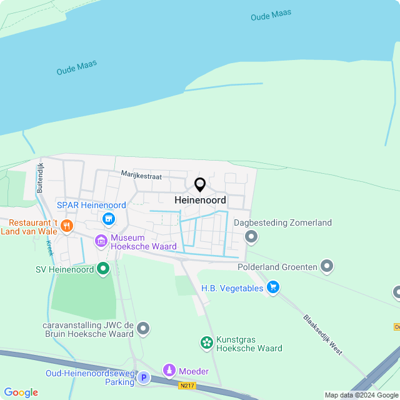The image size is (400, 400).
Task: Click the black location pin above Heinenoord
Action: pos(200,185)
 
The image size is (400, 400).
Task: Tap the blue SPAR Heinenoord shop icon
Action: pos(109,219)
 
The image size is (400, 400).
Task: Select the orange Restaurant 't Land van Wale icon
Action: pos(67,225)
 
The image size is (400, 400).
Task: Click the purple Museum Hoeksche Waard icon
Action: pos(101,240)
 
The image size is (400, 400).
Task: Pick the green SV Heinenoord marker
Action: pos(103,269)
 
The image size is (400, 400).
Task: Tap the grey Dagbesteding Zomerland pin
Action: pos(251,236)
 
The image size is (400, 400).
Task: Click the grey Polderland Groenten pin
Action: pos(327,267)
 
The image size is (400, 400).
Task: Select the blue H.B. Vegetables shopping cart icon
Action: pos(272,287)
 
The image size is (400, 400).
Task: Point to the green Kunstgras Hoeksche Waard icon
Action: pos(206,342)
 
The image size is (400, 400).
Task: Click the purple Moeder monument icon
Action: pos(169,371)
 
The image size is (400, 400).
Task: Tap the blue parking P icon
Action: pos(144,377)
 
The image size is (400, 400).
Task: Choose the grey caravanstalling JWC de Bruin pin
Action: pos(143,328)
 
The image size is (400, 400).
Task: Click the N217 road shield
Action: pos(187,386)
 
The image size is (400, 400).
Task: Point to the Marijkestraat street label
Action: pos(141,176)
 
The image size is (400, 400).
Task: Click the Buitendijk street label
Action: pos(40,177)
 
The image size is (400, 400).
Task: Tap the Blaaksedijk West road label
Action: pos(322,334)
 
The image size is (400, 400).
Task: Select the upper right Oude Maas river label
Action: pos(271,15)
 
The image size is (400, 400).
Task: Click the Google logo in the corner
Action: pos(21,392)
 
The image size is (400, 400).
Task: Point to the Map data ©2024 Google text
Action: pos(361,395)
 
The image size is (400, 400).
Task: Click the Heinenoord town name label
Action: pos(200,201)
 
